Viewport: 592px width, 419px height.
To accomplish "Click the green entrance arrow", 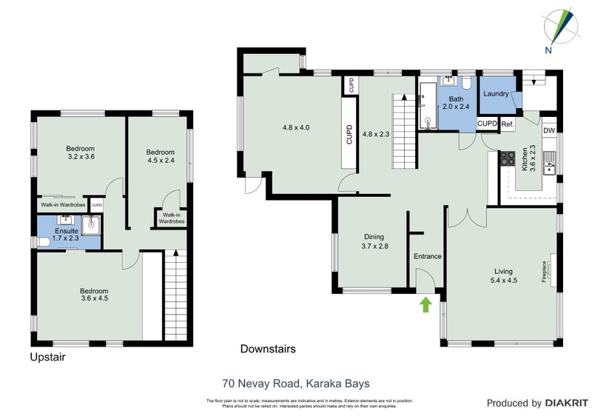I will pyautogui.click(x=425, y=304).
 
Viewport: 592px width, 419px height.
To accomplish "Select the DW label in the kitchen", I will pyautogui.click(x=549, y=131).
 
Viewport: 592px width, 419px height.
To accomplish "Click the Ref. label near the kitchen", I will pyautogui.click(x=508, y=124).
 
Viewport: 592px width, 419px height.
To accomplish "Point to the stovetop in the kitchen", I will pyautogui.click(x=508, y=157).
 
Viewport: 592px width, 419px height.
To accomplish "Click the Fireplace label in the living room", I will pyautogui.click(x=545, y=271).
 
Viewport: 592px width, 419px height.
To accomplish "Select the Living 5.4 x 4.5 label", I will pyautogui.click(x=504, y=275).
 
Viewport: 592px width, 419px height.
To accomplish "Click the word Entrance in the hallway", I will pyautogui.click(x=427, y=256).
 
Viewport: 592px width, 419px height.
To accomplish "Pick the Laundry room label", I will pyautogui.click(x=495, y=94).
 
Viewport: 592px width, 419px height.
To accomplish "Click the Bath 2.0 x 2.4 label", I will pyautogui.click(x=456, y=103).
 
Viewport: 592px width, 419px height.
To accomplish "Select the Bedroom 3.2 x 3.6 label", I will pyautogui.click(x=81, y=152).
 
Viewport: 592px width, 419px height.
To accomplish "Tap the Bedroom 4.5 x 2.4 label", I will pyautogui.click(x=161, y=156).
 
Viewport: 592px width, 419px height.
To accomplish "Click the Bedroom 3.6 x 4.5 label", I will pyautogui.click(x=94, y=295).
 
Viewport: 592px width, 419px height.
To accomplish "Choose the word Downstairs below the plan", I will pyautogui.click(x=268, y=348).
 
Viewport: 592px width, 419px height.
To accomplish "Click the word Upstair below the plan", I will pyautogui.click(x=47, y=356).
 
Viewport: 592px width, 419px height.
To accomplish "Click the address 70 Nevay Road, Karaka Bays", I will pyautogui.click(x=295, y=383).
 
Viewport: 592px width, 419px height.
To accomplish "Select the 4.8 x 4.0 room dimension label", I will pyautogui.click(x=295, y=127).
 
